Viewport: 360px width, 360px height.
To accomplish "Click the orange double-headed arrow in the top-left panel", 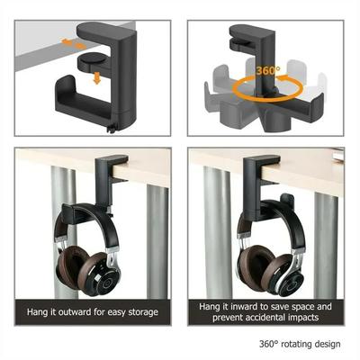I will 73,41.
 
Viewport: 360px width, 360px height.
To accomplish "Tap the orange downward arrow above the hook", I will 96,78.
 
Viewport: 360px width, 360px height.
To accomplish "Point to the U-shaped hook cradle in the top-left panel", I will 86,98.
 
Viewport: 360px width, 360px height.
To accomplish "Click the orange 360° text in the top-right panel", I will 265,70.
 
